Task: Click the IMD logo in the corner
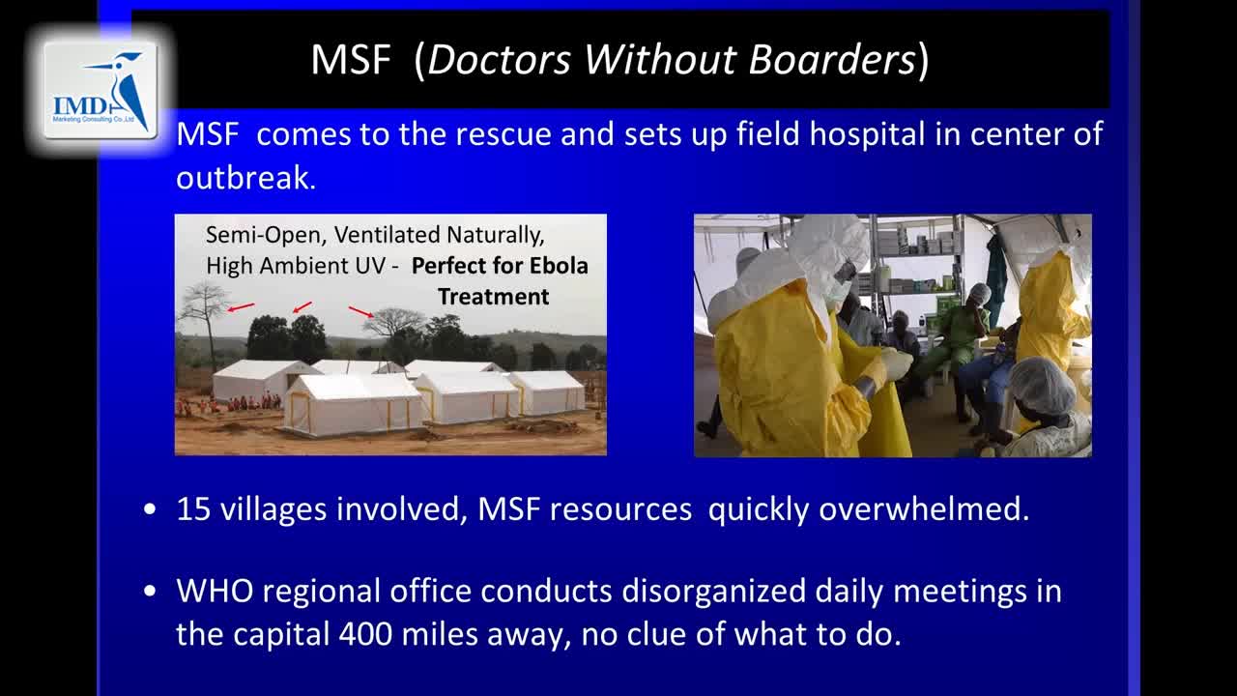tap(101, 90)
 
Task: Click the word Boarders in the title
tap(832, 59)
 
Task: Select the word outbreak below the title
tap(245, 178)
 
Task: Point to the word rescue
tap(502, 134)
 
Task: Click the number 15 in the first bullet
tap(193, 508)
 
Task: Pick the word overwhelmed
tap(924, 508)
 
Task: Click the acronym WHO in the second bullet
tap(215, 591)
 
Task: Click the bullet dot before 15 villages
tap(150, 509)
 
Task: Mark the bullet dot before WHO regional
tap(150, 591)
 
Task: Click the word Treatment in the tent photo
tap(494, 297)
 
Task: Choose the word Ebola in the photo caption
tap(559, 266)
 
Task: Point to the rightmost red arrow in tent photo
tap(361, 312)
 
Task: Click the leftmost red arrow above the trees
tap(242, 306)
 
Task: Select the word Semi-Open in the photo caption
tap(263, 235)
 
